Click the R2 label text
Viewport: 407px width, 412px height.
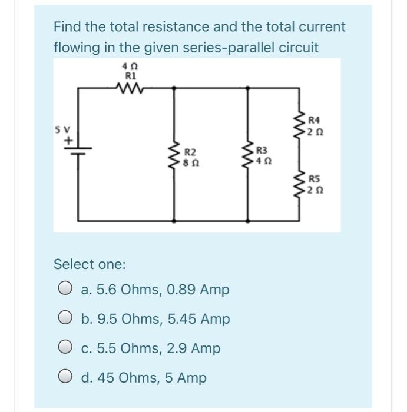[190, 151]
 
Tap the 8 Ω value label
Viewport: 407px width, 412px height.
[190, 161]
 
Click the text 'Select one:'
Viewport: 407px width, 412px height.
[90, 264]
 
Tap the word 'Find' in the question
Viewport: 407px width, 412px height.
[67, 27]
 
